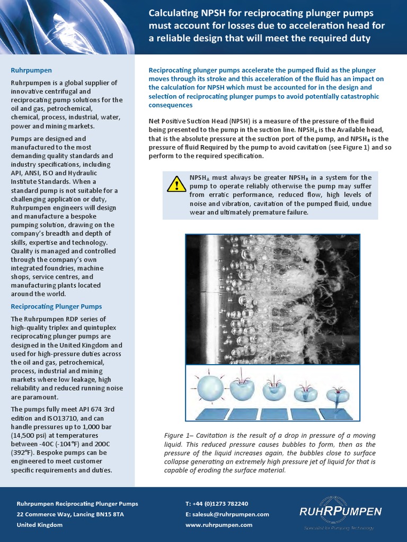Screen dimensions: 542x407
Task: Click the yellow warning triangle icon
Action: (176, 184)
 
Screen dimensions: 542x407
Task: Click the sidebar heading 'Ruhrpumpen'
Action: (32, 70)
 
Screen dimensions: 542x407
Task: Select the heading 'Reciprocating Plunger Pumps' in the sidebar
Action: (57, 306)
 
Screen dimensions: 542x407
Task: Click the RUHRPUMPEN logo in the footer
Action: (340, 511)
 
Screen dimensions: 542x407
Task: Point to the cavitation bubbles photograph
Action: (272, 300)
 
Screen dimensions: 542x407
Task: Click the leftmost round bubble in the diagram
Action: (210, 389)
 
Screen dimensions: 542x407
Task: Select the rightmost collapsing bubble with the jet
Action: (337, 394)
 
